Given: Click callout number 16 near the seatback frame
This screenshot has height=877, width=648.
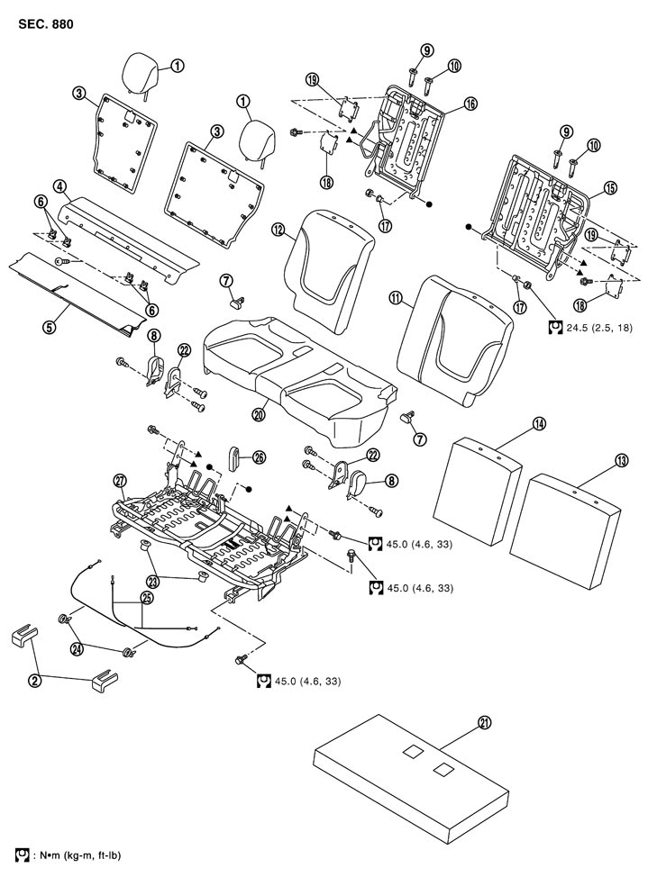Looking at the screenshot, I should coord(470,104).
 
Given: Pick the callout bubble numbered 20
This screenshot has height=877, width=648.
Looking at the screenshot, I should coord(260,414).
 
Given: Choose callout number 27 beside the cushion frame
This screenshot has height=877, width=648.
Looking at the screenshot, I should coord(119,477).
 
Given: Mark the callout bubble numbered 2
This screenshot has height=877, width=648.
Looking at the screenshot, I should coord(36,681).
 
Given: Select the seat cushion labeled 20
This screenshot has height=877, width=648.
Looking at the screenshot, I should coord(297,369).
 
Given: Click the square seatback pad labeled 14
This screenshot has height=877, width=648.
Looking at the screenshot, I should coord(478,491).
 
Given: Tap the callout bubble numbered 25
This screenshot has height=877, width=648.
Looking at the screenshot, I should coord(147,596).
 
